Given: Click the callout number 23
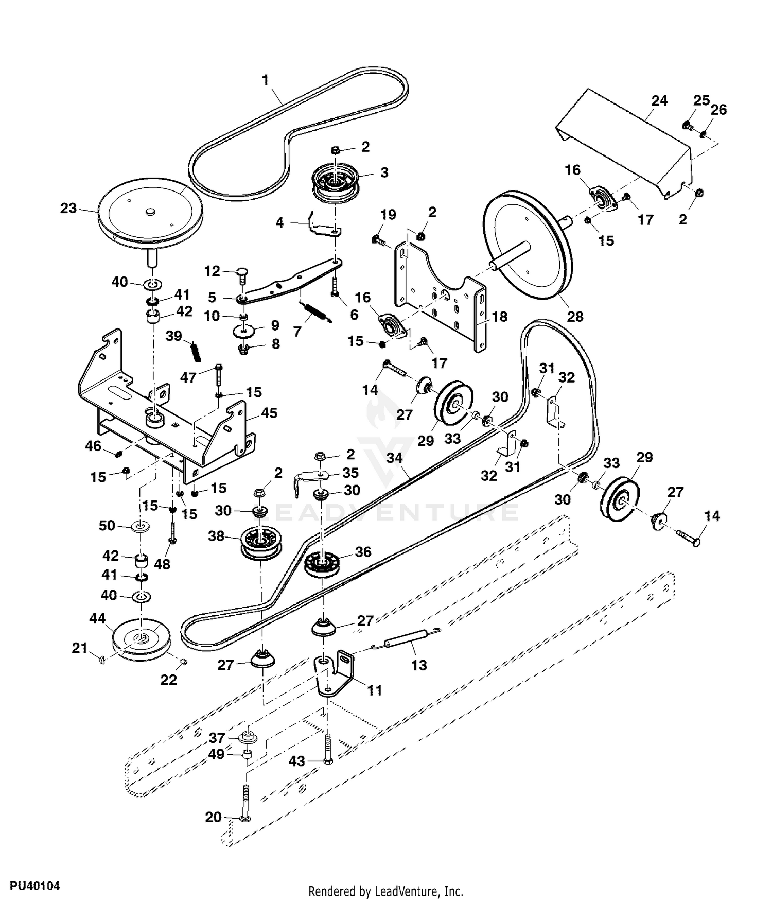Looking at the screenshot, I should click(68, 209).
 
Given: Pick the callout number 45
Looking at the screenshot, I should click(269, 413).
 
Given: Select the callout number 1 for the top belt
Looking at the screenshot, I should click(266, 80).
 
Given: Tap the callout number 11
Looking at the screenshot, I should click(375, 690).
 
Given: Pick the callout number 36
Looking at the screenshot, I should click(363, 552).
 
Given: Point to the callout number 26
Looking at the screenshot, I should click(718, 110).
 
